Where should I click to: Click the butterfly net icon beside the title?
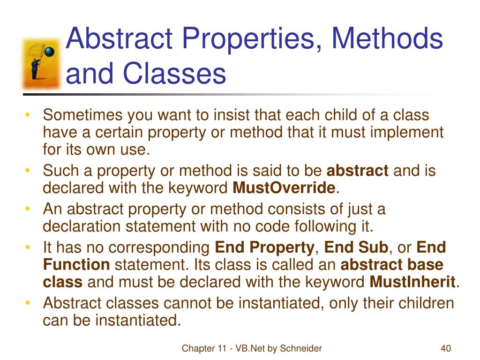pyautogui.click(x=42, y=63)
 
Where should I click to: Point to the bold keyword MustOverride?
pyautogui.click(x=284, y=188)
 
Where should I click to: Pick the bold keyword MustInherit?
pyautogui.click(x=412, y=283)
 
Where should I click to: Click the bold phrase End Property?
pyautogui.click(x=264, y=247)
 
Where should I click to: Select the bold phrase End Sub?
pyautogui.click(x=356, y=247)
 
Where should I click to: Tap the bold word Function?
pyautogui.click(x=76, y=265)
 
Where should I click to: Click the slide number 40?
pyautogui.click(x=445, y=348)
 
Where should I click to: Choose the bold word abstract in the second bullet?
pyautogui.click(x=357, y=171)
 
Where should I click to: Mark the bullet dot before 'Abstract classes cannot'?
pyautogui.click(x=29, y=303)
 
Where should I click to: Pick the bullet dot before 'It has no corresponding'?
pyautogui.click(x=29, y=247)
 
